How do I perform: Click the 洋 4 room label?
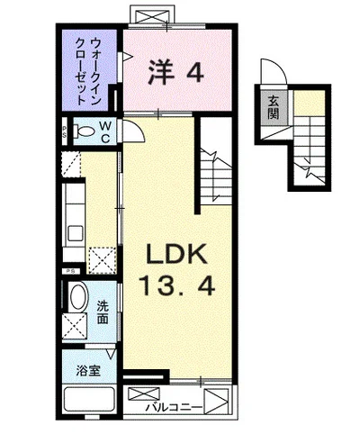176,72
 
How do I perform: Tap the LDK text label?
176,254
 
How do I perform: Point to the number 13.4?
178,286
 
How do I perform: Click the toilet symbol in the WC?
85,131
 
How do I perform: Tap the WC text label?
105,131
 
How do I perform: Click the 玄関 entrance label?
273,107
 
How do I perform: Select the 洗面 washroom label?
103,312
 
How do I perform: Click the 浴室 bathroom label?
88,371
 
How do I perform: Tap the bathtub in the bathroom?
90,399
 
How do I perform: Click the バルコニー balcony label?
173,408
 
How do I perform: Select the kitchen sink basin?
75,233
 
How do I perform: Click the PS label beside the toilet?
65,131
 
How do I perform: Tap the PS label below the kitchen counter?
71,271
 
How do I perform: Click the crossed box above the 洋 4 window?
153,15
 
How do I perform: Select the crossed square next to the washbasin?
75,326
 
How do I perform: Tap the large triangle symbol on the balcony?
216,402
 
